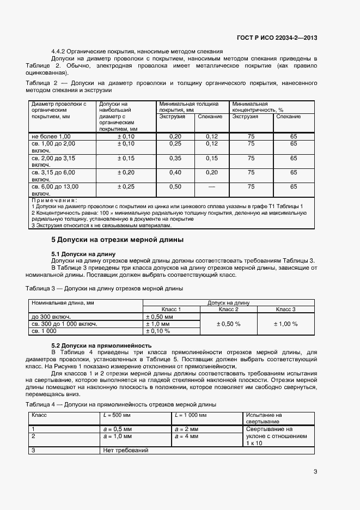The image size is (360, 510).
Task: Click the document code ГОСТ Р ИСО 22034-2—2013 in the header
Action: point(277,38)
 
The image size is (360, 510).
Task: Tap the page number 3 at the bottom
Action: point(315,472)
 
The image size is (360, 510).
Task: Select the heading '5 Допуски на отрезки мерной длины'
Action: point(117,240)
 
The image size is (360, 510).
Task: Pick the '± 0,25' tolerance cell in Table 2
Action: point(126,187)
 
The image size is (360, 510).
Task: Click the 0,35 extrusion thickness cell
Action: point(175,158)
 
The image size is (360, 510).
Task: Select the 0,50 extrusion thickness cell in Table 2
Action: point(175,187)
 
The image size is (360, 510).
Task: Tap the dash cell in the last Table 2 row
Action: point(211,187)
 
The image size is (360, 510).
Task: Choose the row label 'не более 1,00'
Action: point(51,136)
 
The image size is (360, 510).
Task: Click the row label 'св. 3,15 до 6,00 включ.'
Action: point(54,175)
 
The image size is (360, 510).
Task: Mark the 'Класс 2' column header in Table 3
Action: point(229,309)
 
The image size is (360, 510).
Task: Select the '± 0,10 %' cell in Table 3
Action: point(157,331)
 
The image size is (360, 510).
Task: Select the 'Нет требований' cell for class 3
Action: point(125,450)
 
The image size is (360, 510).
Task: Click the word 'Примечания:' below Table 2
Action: point(54,201)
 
